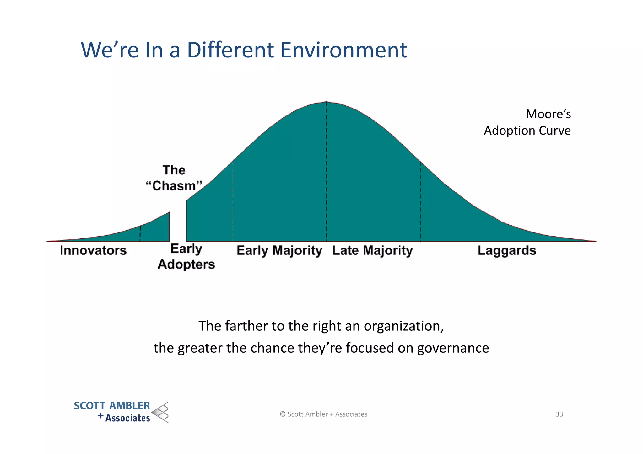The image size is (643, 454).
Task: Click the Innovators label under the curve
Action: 93,250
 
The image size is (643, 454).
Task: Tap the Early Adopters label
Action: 186,257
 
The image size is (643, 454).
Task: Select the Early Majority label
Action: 279,250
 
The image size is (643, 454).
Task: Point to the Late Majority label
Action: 372,250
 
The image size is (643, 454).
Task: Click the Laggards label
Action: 507,250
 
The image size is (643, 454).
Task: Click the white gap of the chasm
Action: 178,226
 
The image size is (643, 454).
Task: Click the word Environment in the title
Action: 343,50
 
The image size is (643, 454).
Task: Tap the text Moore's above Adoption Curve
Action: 548,114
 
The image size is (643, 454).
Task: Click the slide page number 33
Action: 559,414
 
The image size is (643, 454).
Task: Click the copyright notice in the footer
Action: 323,414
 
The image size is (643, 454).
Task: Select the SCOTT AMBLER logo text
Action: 112,406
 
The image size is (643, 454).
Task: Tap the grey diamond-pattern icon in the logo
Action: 161,412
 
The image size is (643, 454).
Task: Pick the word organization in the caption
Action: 403,326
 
